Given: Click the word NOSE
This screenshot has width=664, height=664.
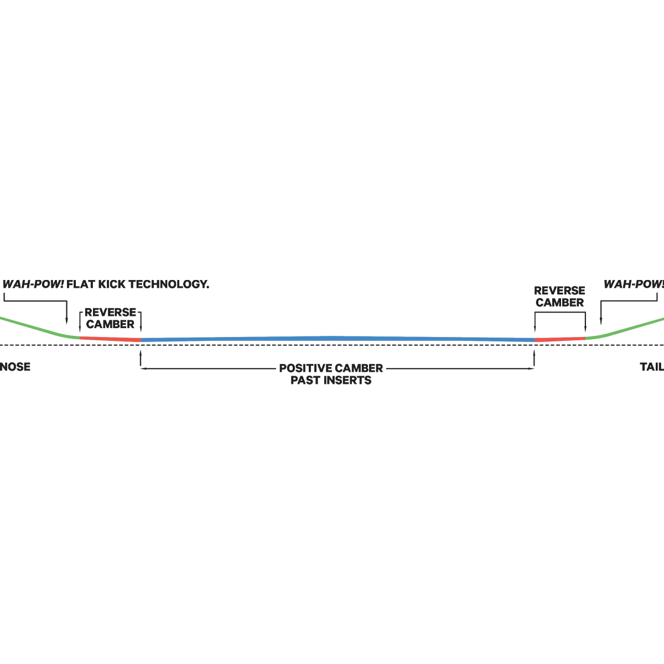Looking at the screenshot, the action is coord(15,367).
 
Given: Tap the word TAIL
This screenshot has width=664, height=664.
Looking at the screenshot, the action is coord(652,367).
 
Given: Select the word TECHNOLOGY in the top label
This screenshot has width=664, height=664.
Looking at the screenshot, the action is coord(169,284).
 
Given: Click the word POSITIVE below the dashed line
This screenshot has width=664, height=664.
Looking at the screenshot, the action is coord(305,368).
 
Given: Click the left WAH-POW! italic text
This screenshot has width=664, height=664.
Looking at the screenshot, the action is coord(33,284).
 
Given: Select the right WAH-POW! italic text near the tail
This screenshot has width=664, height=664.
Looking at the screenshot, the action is coord(634,284).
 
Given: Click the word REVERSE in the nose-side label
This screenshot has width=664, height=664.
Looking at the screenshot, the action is coord(110,312).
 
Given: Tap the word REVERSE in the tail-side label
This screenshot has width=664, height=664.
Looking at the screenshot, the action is coord(559,290).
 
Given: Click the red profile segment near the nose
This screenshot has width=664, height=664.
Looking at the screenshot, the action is coord(110,339).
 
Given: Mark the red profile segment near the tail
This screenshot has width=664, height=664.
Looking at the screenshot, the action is coord(560,339).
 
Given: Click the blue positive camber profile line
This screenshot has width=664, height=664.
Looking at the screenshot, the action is coord(338,339).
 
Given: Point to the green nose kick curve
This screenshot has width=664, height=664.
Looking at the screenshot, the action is coord(40,328).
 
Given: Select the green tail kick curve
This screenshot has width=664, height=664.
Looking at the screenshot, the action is coord(624,329).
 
